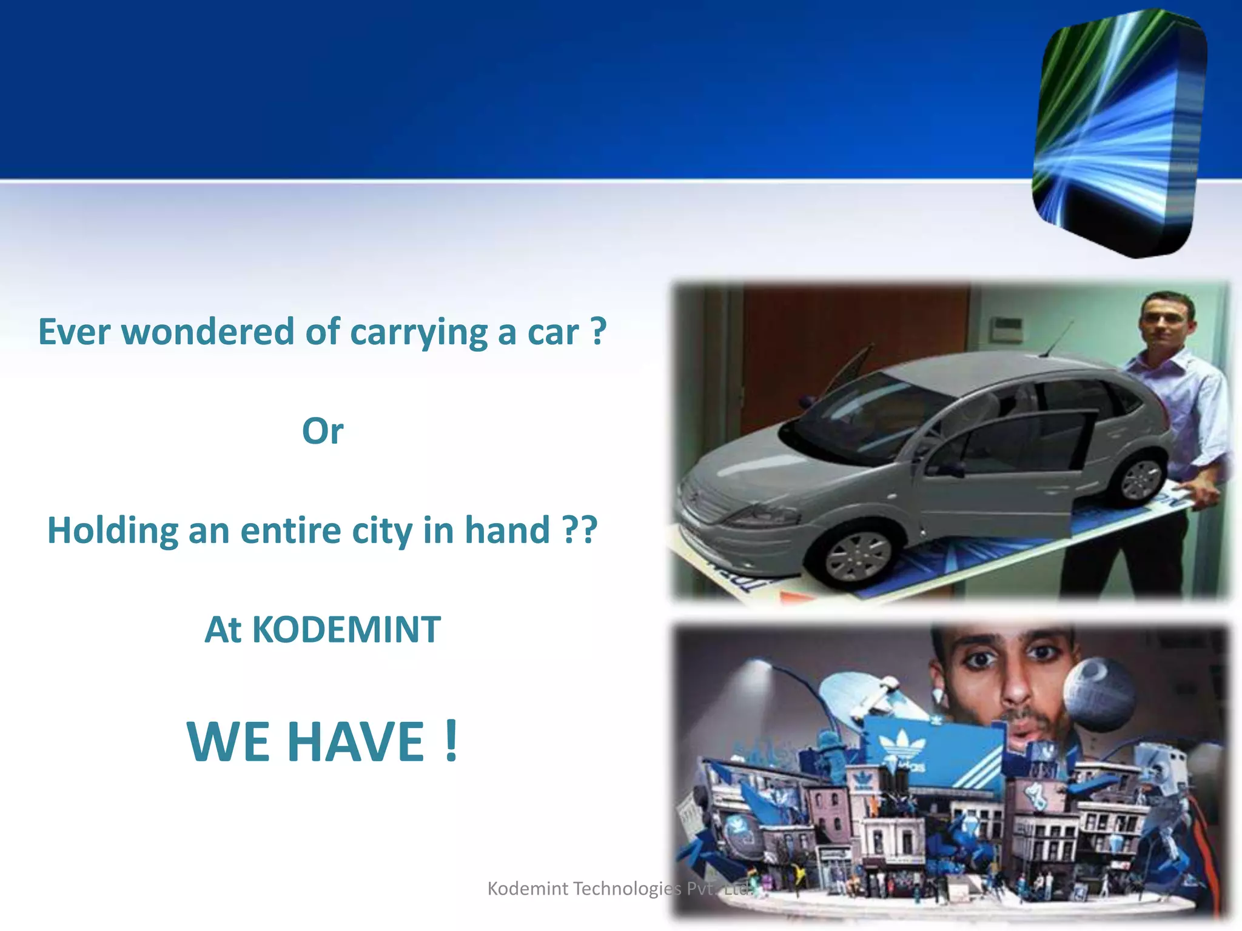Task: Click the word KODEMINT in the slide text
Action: click(346, 630)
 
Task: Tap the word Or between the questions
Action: click(323, 432)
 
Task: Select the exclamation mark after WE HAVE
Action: click(450, 741)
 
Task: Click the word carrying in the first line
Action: click(418, 332)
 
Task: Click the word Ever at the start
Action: click(75, 332)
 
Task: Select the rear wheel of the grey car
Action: click(1141, 479)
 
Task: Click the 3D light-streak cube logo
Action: click(1119, 133)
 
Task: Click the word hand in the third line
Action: click(506, 530)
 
